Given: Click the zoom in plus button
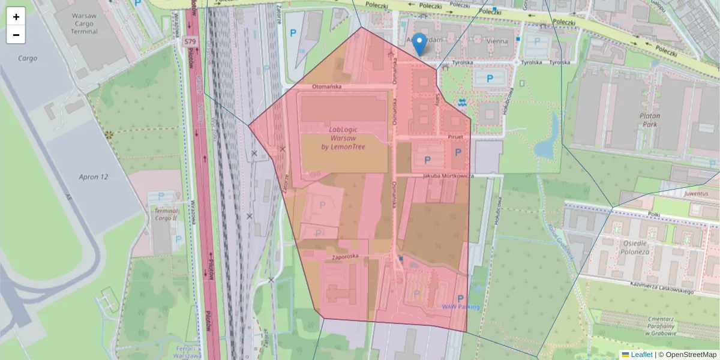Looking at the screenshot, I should (x=16, y=16).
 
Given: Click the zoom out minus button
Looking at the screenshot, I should (x=16, y=35).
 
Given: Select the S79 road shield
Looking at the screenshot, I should (x=190, y=41).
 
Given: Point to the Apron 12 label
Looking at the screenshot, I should (x=94, y=177).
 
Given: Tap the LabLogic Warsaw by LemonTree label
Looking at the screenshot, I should (x=343, y=138).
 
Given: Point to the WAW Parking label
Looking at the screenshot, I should (x=461, y=307).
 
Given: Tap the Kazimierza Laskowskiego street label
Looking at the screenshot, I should (x=662, y=287).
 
